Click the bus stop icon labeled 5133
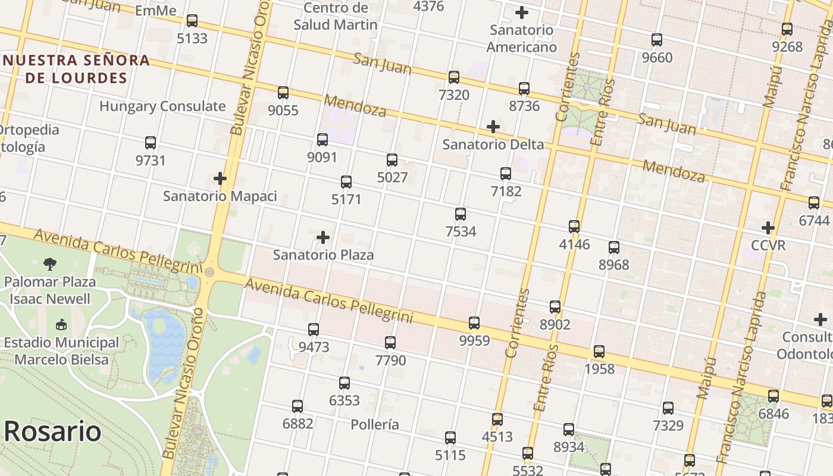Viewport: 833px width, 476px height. click(192, 21)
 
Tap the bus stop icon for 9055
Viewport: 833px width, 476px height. click(283, 93)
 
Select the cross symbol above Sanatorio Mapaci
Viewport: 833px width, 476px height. click(220, 178)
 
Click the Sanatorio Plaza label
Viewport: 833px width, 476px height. click(323, 255)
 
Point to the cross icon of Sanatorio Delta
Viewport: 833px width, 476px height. click(493, 127)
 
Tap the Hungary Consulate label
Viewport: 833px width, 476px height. click(162, 107)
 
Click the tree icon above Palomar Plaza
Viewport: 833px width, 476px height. click(50, 264)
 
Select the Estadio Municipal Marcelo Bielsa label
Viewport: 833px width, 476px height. click(61, 351)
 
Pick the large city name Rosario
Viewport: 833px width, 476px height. click(52, 431)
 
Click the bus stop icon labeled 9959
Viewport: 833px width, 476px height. click(474, 323)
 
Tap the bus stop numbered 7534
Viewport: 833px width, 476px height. click(461, 214)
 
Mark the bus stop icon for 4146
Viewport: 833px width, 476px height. click(574, 227)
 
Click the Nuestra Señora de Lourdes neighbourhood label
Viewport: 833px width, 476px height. click(76, 69)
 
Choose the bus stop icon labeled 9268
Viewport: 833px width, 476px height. click(787, 29)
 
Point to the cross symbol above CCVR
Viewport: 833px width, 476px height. click(768, 228)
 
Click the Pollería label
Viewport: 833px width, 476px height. click(375, 425)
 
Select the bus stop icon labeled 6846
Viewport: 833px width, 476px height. click(773, 396)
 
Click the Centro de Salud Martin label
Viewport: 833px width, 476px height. click(336, 16)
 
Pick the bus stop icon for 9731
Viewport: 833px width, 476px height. click(151, 143)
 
